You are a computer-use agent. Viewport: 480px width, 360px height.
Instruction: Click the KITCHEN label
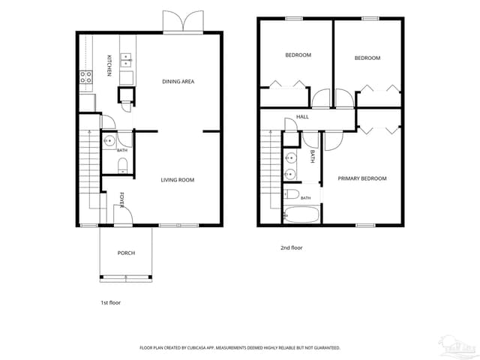point(109,65)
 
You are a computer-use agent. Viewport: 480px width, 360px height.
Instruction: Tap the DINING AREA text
point(178,82)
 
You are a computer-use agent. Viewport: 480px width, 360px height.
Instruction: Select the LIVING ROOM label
point(178,180)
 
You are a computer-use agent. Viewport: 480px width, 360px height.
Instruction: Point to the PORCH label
point(126,253)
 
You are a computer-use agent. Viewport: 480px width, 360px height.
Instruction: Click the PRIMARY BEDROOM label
point(362,178)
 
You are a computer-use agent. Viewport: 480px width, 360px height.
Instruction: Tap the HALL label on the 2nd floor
point(302,117)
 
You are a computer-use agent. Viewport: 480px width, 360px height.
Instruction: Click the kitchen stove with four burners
point(86,76)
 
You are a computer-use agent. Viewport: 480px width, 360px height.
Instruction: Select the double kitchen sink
point(126,60)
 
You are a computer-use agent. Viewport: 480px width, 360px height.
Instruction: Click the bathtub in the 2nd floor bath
point(301,214)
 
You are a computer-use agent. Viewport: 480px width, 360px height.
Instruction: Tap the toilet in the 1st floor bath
point(122,165)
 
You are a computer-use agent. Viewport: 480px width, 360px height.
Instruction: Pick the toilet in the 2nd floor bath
point(291,194)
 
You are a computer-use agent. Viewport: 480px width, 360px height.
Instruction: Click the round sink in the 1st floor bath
point(109,141)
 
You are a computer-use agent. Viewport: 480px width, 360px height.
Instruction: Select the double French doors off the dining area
point(183,22)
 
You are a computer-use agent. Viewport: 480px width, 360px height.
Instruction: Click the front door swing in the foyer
point(123,214)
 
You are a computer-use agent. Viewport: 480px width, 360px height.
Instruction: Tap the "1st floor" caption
point(111,303)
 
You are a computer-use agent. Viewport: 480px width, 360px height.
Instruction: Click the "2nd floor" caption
point(292,247)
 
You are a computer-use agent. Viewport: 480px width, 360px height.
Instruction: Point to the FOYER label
point(121,200)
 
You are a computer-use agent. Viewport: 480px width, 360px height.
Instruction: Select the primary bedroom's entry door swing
point(334,141)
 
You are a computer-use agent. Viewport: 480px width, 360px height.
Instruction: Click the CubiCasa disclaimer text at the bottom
point(240,348)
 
